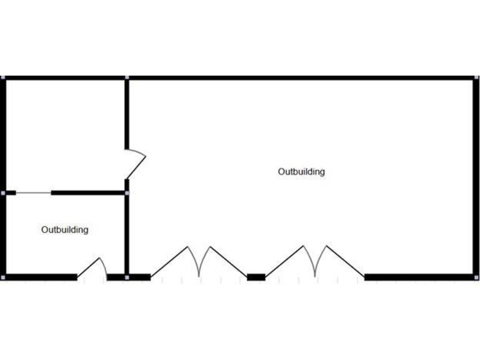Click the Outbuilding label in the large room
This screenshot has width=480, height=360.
point(301,172)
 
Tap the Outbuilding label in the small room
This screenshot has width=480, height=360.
point(65,230)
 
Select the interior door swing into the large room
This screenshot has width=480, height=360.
point(136,164)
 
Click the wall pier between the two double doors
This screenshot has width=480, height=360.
point(256,277)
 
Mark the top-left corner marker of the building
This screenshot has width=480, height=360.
point(2,77)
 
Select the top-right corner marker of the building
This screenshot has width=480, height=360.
point(476,77)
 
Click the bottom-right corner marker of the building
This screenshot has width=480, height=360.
point(476,277)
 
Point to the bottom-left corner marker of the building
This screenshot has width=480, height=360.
point(2,277)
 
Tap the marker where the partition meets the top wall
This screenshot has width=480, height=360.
point(127,77)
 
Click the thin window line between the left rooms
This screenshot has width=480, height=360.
point(33,193)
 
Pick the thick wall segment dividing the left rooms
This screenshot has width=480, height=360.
point(87,193)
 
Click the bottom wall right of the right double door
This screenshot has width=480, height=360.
point(419,277)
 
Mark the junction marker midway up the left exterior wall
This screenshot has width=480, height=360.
point(2,193)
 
